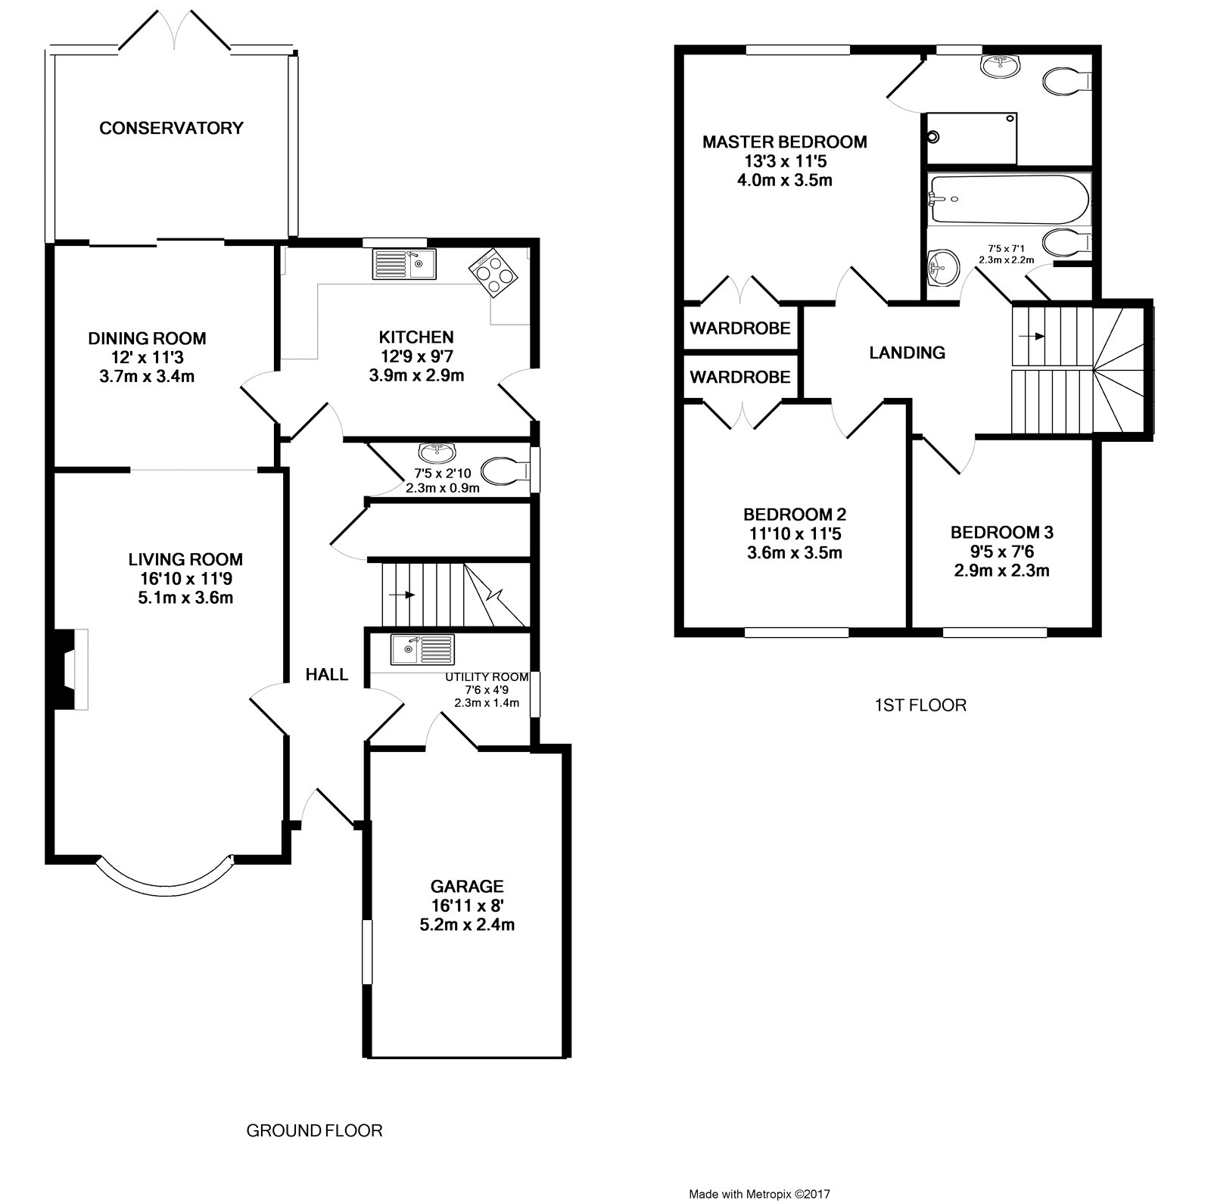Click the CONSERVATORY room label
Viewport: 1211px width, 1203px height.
171,128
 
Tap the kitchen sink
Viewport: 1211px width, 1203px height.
404,264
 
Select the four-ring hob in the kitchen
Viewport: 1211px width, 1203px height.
493,272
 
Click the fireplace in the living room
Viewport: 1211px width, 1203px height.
69,669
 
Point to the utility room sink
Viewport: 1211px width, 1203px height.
423,649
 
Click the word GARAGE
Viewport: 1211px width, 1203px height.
467,886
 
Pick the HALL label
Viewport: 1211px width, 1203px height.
327,674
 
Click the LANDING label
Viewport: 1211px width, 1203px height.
907,353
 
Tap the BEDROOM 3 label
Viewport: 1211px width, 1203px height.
1002,533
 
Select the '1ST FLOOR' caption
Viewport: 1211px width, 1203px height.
920,706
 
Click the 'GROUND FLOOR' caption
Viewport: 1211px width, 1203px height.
315,1131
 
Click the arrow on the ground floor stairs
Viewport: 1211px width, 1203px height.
402,595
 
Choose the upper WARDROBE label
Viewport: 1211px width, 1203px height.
740,328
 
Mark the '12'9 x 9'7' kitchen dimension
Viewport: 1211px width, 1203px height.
416,356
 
